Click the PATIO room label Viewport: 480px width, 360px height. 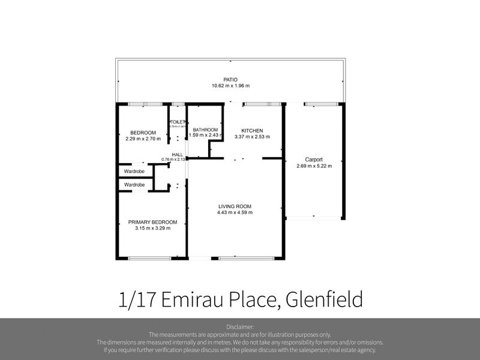click(x=230, y=79)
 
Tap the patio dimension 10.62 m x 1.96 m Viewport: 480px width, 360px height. click(x=230, y=86)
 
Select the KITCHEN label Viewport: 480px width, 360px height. click(x=252, y=131)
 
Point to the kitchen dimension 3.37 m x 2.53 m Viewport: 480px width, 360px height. click(x=252, y=137)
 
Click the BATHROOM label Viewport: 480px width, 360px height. click(x=205, y=130)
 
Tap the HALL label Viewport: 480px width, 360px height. click(x=178, y=155)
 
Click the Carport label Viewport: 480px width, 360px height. click(x=314, y=160)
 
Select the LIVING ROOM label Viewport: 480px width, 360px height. click(x=235, y=206)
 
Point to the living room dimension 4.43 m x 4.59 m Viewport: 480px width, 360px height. click(x=235, y=212)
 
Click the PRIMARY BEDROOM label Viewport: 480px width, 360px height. click(x=152, y=222)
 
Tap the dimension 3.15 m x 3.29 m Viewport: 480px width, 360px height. click(x=152, y=228)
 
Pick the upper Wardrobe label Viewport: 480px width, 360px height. click(x=134, y=172)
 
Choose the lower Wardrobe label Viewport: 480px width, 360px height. click(x=134, y=185)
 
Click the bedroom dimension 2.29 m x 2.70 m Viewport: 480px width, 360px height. click(x=143, y=139)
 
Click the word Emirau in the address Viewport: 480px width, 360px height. click(x=197, y=299)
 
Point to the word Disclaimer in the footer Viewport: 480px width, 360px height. click(x=240, y=327)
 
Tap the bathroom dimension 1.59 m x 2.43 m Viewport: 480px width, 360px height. click(x=205, y=136)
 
